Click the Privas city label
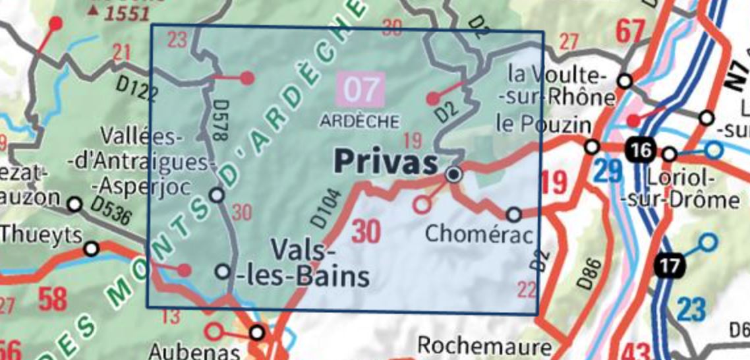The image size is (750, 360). click(386, 161)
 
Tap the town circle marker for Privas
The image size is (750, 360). click(453, 175)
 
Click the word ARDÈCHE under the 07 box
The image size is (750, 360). click(361, 121)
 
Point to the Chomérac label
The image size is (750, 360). click(478, 232)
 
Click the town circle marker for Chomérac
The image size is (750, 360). click(513, 214)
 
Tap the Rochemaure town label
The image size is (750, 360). click(485, 347)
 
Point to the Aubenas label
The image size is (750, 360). click(182, 350)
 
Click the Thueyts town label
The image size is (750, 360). click(41, 234)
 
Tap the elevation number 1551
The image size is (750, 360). click(125, 14)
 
